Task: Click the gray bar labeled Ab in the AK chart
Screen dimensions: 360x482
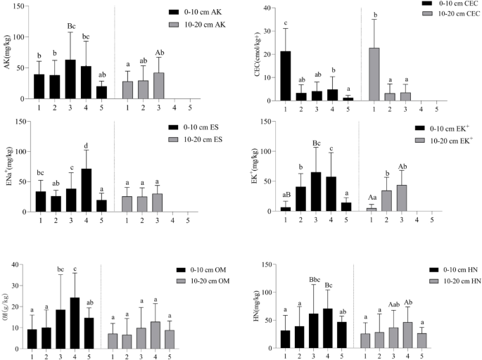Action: pyautogui.click(x=159, y=87)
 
